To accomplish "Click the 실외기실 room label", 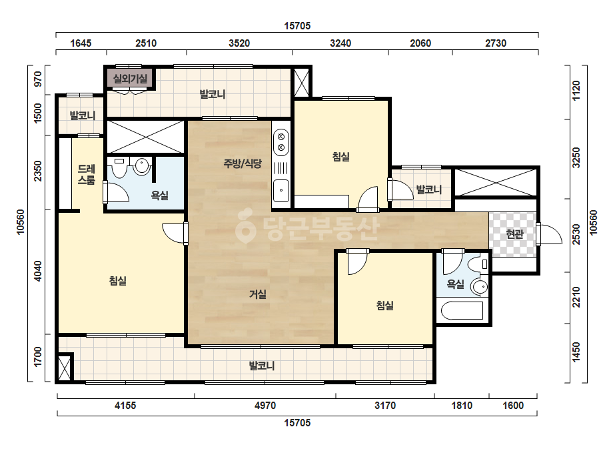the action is pos(130,79).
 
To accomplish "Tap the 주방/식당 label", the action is pos(243,163).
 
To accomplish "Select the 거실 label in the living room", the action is pos(258,294).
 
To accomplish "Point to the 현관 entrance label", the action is pos(514,234).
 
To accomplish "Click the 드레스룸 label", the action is pos(87,174).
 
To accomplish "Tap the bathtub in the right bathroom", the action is pos(462,311).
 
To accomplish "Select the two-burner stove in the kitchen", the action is pos(281,142).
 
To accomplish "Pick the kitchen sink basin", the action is pos(281,190).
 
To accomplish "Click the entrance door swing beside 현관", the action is pos(551,235).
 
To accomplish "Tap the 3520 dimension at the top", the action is pos(239,43).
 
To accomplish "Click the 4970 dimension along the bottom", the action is pos(265,405).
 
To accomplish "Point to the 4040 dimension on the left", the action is pos(38,271).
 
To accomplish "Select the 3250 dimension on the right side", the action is pos(576,158).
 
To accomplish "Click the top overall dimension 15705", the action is pos(297,26).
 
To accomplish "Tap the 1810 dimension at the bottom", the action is pos(462,405).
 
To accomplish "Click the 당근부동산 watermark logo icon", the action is pos(245,226).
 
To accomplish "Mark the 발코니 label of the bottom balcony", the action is pos(262,366).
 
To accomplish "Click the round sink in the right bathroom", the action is pos(479,287).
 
